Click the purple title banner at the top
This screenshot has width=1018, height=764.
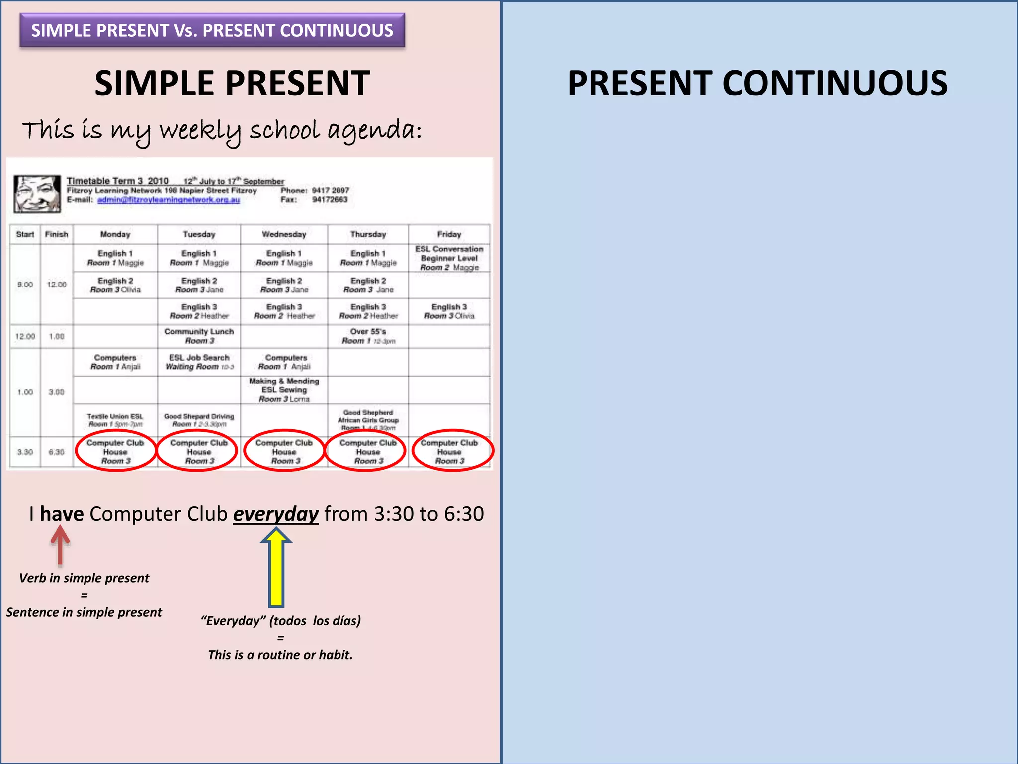212,30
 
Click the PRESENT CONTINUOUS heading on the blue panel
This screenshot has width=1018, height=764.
758,83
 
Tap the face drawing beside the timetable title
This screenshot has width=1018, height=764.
37,193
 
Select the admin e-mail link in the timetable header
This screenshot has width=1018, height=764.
169,200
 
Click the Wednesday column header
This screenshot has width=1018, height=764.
284,234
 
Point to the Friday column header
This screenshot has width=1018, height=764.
449,234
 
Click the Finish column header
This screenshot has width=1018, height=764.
56,234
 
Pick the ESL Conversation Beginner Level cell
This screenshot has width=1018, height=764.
449,258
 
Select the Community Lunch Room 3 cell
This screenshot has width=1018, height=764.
199,336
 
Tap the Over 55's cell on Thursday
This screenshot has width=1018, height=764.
368,336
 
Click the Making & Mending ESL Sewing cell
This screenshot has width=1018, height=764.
284,390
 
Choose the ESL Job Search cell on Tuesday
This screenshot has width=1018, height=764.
199,362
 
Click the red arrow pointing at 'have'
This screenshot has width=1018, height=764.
60,545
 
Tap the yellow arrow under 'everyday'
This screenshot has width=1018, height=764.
276,567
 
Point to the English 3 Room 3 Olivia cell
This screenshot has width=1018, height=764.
449,311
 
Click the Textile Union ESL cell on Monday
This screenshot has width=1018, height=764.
115,420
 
